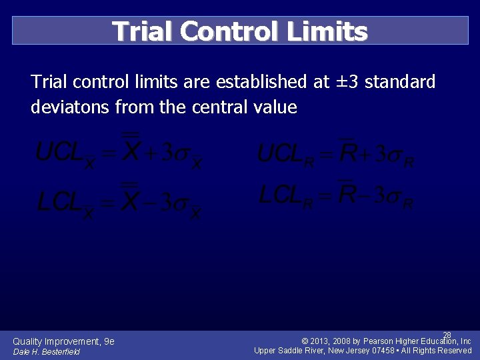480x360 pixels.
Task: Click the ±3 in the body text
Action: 350,82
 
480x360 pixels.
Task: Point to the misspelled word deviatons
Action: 71,107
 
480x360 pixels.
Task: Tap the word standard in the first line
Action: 400,82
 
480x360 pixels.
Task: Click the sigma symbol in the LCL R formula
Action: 393,197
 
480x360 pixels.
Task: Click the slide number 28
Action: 447,335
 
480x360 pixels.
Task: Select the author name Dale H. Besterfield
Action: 46,352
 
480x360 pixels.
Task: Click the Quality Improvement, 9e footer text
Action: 63,341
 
